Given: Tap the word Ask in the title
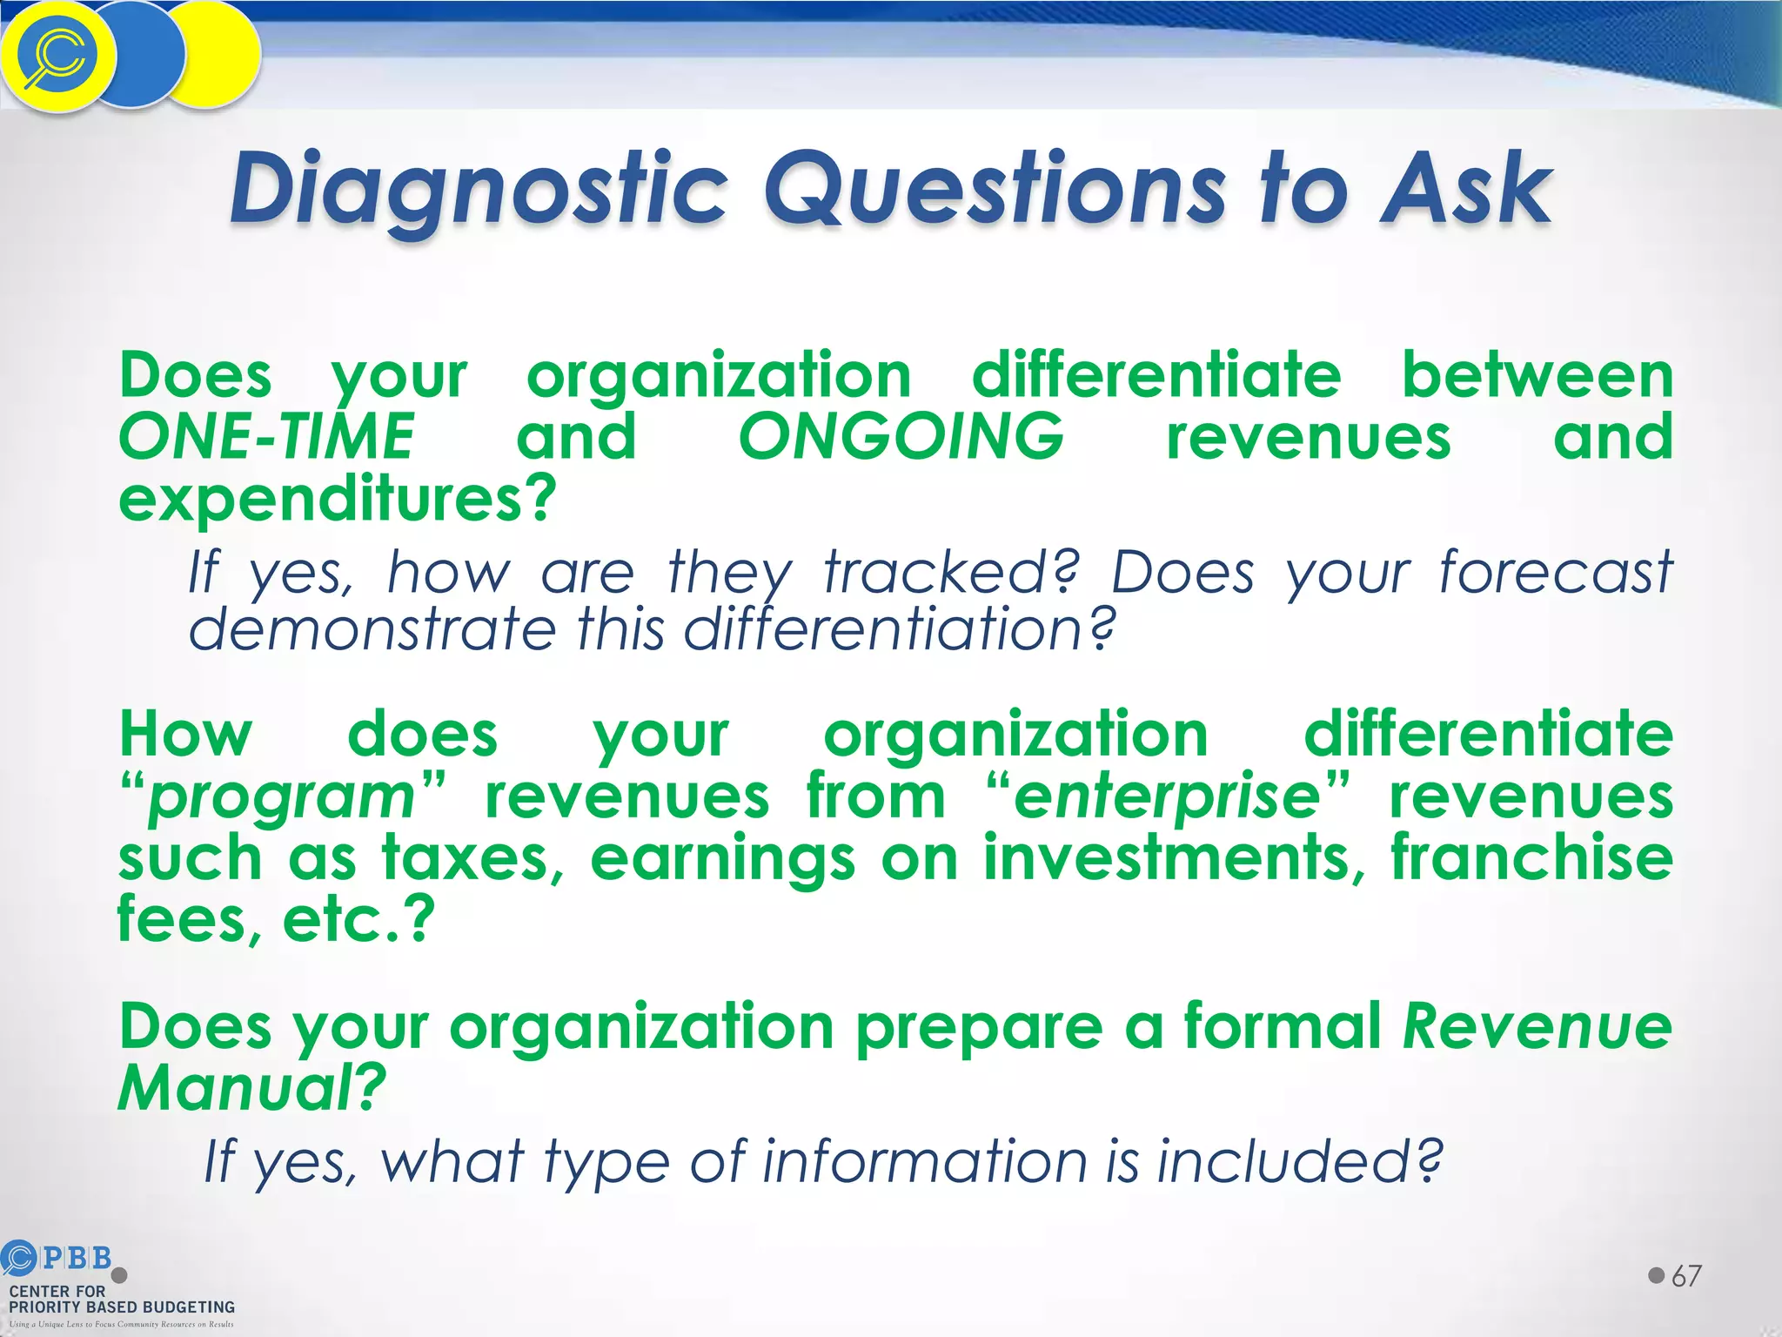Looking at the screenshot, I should [x=1465, y=188].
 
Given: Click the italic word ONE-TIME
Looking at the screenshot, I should [x=266, y=437].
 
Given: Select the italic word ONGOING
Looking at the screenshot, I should [x=901, y=437].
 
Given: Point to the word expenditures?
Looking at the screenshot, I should [x=338, y=500].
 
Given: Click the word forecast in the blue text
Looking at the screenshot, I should [x=1555, y=574].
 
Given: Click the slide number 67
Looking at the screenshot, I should [x=1686, y=1277].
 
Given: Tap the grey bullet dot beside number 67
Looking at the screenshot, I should [x=1656, y=1276].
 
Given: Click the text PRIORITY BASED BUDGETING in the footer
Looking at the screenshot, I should [x=122, y=1307].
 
